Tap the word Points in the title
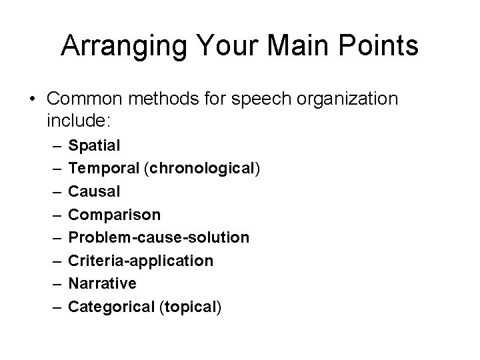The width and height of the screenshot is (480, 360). pyautogui.click(x=380, y=47)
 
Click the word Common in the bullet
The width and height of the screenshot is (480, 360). pyautogui.click(x=88, y=99)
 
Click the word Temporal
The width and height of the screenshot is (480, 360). pyautogui.click(x=103, y=167)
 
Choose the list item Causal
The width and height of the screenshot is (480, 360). pyautogui.click(x=95, y=191)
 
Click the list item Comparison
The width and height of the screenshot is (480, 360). pyautogui.click(x=115, y=214)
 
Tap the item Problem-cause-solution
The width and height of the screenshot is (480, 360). pyautogui.click(x=159, y=237)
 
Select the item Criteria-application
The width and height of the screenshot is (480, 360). pyautogui.click(x=141, y=260)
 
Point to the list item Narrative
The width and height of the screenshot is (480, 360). pyautogui.click(x=103, y=283)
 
